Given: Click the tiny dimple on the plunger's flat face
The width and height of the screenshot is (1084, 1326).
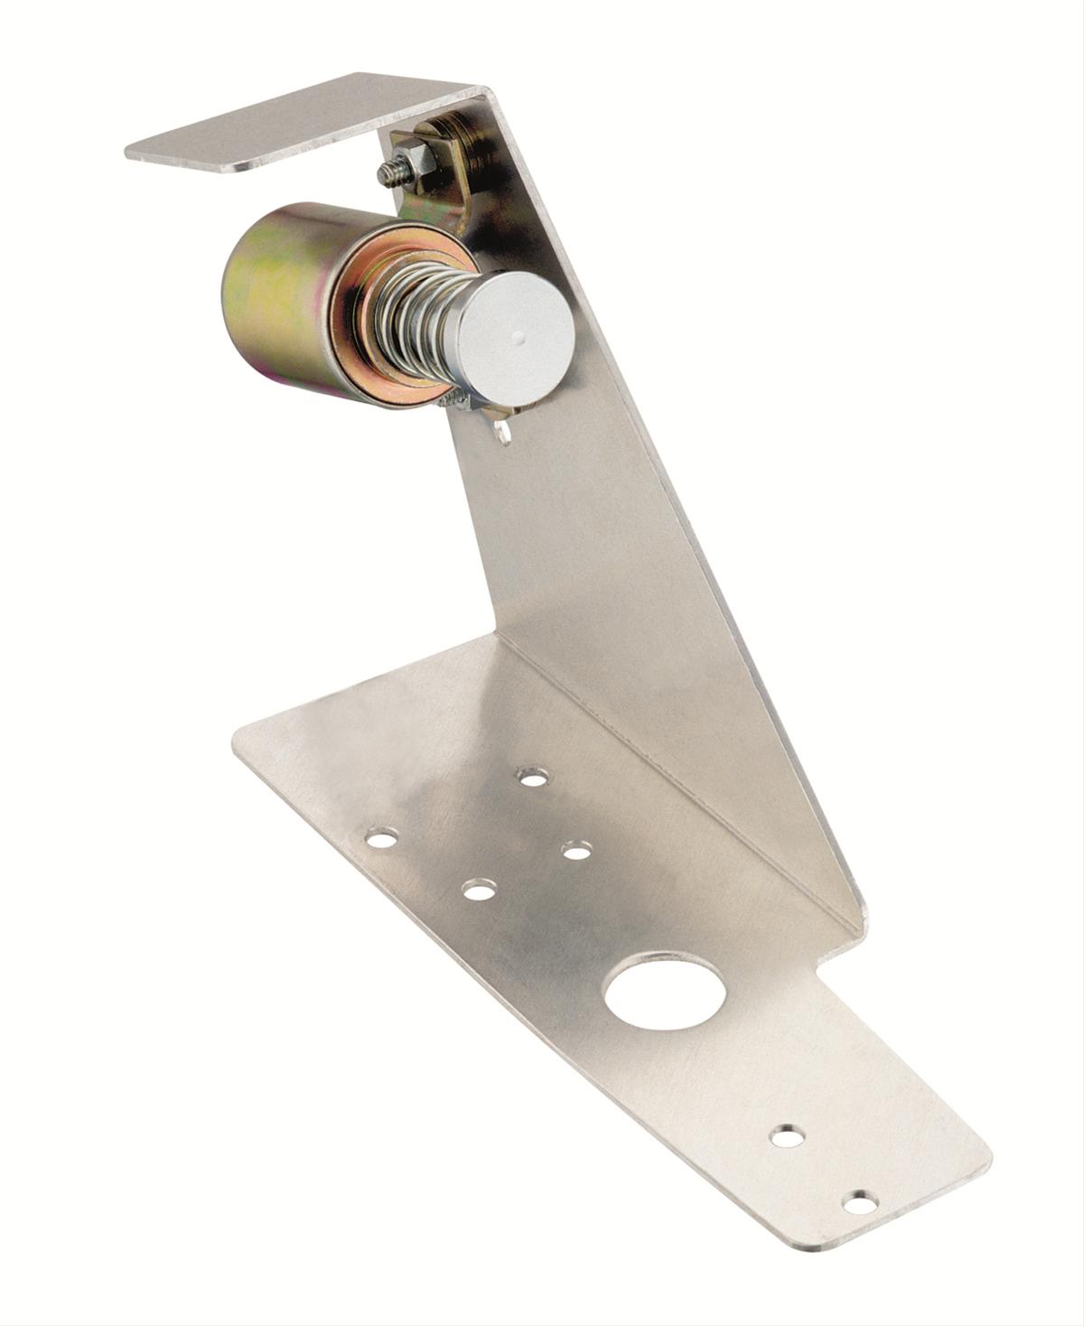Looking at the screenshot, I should [x=517, y=336].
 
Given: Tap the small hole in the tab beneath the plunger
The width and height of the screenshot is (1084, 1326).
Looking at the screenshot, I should [x=504, y=434].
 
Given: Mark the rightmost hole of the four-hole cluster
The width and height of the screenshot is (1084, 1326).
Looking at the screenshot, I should [x=575, y=849].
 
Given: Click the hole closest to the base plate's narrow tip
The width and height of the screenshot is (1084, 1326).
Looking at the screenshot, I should [x=859, y=1202].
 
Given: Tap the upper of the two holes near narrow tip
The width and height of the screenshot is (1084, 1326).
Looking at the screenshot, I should [x=788, y=1135].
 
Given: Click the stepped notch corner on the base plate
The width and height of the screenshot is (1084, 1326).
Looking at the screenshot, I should [x=824, y=966].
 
